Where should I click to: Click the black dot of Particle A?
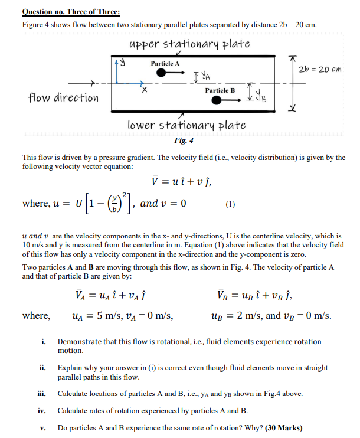(x=161, y=72)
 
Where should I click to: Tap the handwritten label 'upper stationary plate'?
(x=188, y=44)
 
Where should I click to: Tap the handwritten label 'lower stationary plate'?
(x=186, y=125)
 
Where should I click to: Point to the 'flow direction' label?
(x=64, y=97)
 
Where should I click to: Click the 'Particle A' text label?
(x=165, y=63)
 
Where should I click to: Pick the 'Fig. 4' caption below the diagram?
(x=184, y=140)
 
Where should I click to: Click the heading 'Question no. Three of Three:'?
(x=71, y=12)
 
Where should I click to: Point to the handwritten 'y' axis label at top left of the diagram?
(x=126, y=60)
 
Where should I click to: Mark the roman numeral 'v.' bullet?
(x=44, y=428)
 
